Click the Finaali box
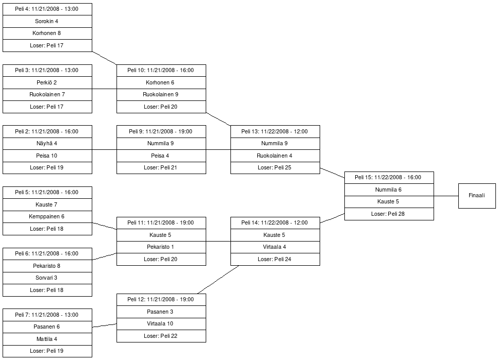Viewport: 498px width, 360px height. [x=477, y=196]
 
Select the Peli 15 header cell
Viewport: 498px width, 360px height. [x=389, y=178]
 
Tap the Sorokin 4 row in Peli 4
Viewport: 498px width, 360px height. [x=47, y=21]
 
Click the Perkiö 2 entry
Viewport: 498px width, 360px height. [x=47, y=82]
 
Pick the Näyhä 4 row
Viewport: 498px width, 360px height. [x=47, y=143]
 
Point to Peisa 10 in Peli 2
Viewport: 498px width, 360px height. [x=47, y=156]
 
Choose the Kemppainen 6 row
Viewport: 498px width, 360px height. [x=47, y=217]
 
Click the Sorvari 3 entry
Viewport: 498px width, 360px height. [x=47, y=278]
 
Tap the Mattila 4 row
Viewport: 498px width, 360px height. [x=47, y=339]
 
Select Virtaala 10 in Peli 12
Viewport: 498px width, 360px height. [x=161, y=324]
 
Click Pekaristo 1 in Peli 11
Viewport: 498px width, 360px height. [x=161, y=247]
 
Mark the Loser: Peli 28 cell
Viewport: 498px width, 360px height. [x=389, y=214]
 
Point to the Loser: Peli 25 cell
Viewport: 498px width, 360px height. [x=275, y=168]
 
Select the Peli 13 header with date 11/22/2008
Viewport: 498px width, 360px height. [x=275, y=131]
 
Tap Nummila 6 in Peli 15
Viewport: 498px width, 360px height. [x=389, y=190]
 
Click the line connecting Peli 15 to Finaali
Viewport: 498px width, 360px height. [x=446, y=196]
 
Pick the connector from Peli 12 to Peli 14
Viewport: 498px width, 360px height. [x=218, y=280]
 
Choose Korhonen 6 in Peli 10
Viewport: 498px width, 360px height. [x=161, y=82]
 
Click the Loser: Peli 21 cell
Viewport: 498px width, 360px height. [x=161, y=168]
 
